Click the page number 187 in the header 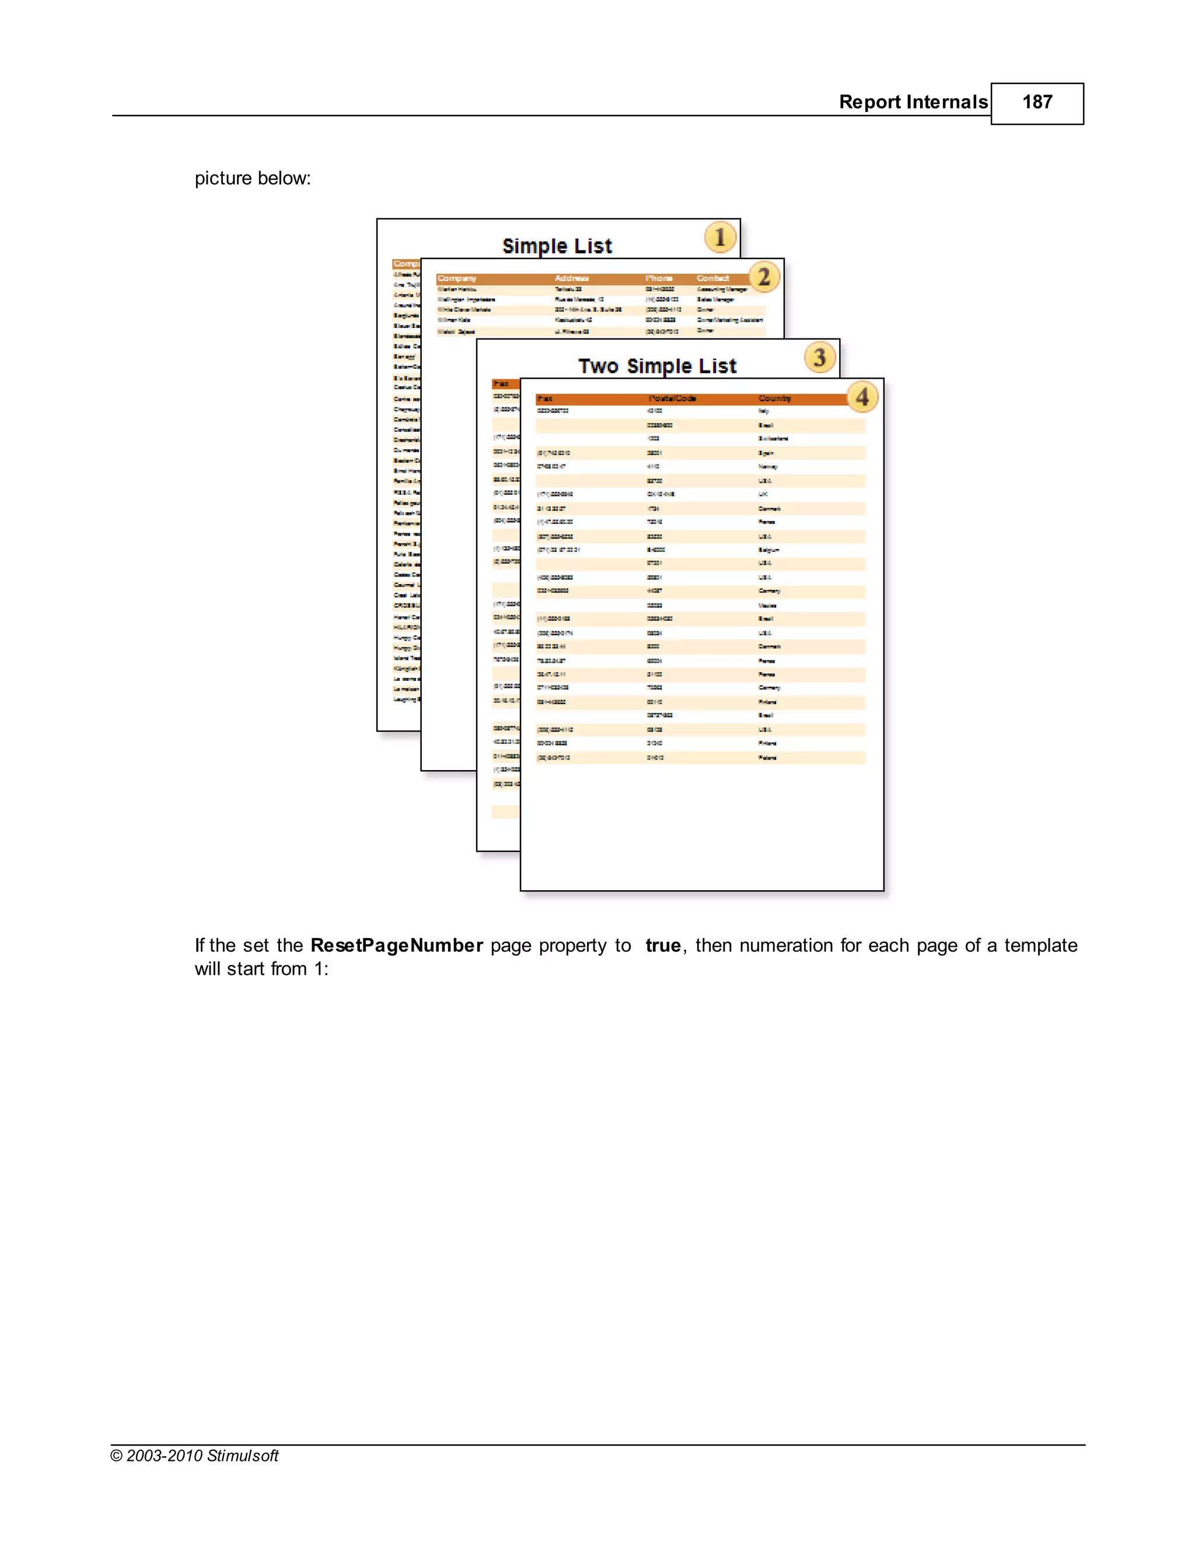[x=1036, y=102]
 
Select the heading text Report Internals [x=913, y=102]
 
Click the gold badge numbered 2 [x=764, y=277]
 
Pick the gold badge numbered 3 [x=820, y=358]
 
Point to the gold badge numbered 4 [x=862, y=397]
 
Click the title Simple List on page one [x=557, y=246]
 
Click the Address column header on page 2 [x=571, y=278]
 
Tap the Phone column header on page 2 [x=658, y=278]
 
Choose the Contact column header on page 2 [x=712, y=278]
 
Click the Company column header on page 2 [x=457, y=278]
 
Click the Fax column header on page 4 [x=545, y=398]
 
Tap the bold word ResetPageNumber [x=396, y=946]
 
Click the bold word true [x=663, y=946]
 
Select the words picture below [x=253, y=179]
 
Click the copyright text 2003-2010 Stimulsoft [x=202, y=1456]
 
